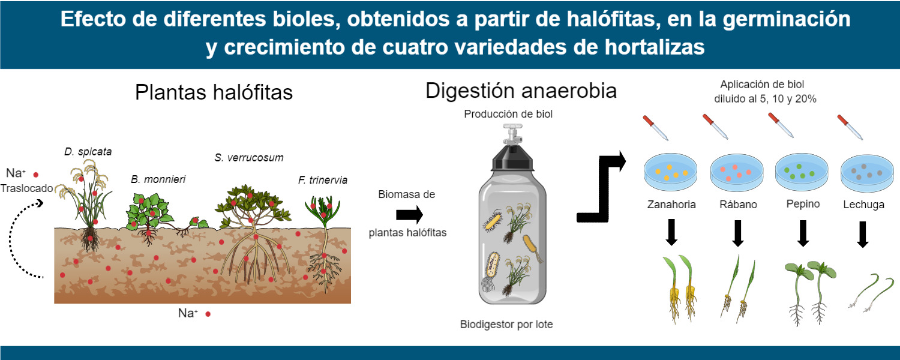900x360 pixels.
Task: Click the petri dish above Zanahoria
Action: (x=671, y=172)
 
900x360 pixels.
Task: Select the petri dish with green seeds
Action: (x=802, y=172)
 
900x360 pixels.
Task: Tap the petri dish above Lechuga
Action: (x=867, y=173)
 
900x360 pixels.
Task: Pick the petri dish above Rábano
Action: (x=737, y=172)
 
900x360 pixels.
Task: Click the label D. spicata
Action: (x=88, y=152)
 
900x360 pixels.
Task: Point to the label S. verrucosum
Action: (x=249, y=157)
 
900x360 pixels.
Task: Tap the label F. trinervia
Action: (x=323, y=180)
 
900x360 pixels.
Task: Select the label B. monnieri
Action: (x=158, y=179)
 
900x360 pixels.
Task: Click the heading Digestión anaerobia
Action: (x=521, y=91)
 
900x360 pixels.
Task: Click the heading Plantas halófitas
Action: (x=214, y=92)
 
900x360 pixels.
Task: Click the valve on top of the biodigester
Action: (x=512, y=133)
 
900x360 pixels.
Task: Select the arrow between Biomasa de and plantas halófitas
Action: (x=409, y=215)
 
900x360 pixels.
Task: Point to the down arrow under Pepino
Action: (x=803, y=233)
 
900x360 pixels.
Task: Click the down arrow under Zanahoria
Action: (x=671, y=232)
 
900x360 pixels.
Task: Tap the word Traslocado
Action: (x=26, y=188)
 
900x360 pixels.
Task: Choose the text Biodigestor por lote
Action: (x=506, y=324)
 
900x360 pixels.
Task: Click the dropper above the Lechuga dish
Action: (x=850, y=127)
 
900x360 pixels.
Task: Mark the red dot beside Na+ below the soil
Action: (x=208, y=314)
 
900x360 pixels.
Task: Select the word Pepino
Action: (x=803, y=204)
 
